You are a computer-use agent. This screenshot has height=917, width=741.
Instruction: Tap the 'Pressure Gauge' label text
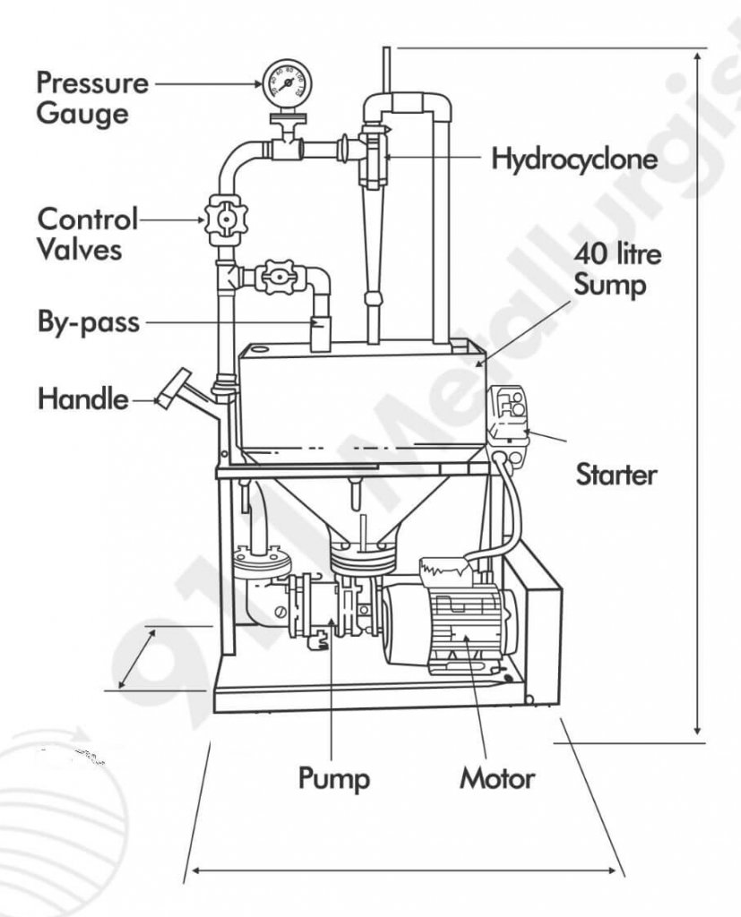tap(91, 99)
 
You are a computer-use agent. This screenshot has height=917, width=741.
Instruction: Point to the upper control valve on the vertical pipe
tap(224, 219)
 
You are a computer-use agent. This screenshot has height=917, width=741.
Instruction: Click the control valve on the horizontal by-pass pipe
tap(274, 278)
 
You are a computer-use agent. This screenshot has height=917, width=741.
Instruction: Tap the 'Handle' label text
tap(82, 398)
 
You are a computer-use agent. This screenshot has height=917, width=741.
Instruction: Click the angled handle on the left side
tap(172, 387)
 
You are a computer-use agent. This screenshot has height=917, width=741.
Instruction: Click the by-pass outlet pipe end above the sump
tap(319, 334)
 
